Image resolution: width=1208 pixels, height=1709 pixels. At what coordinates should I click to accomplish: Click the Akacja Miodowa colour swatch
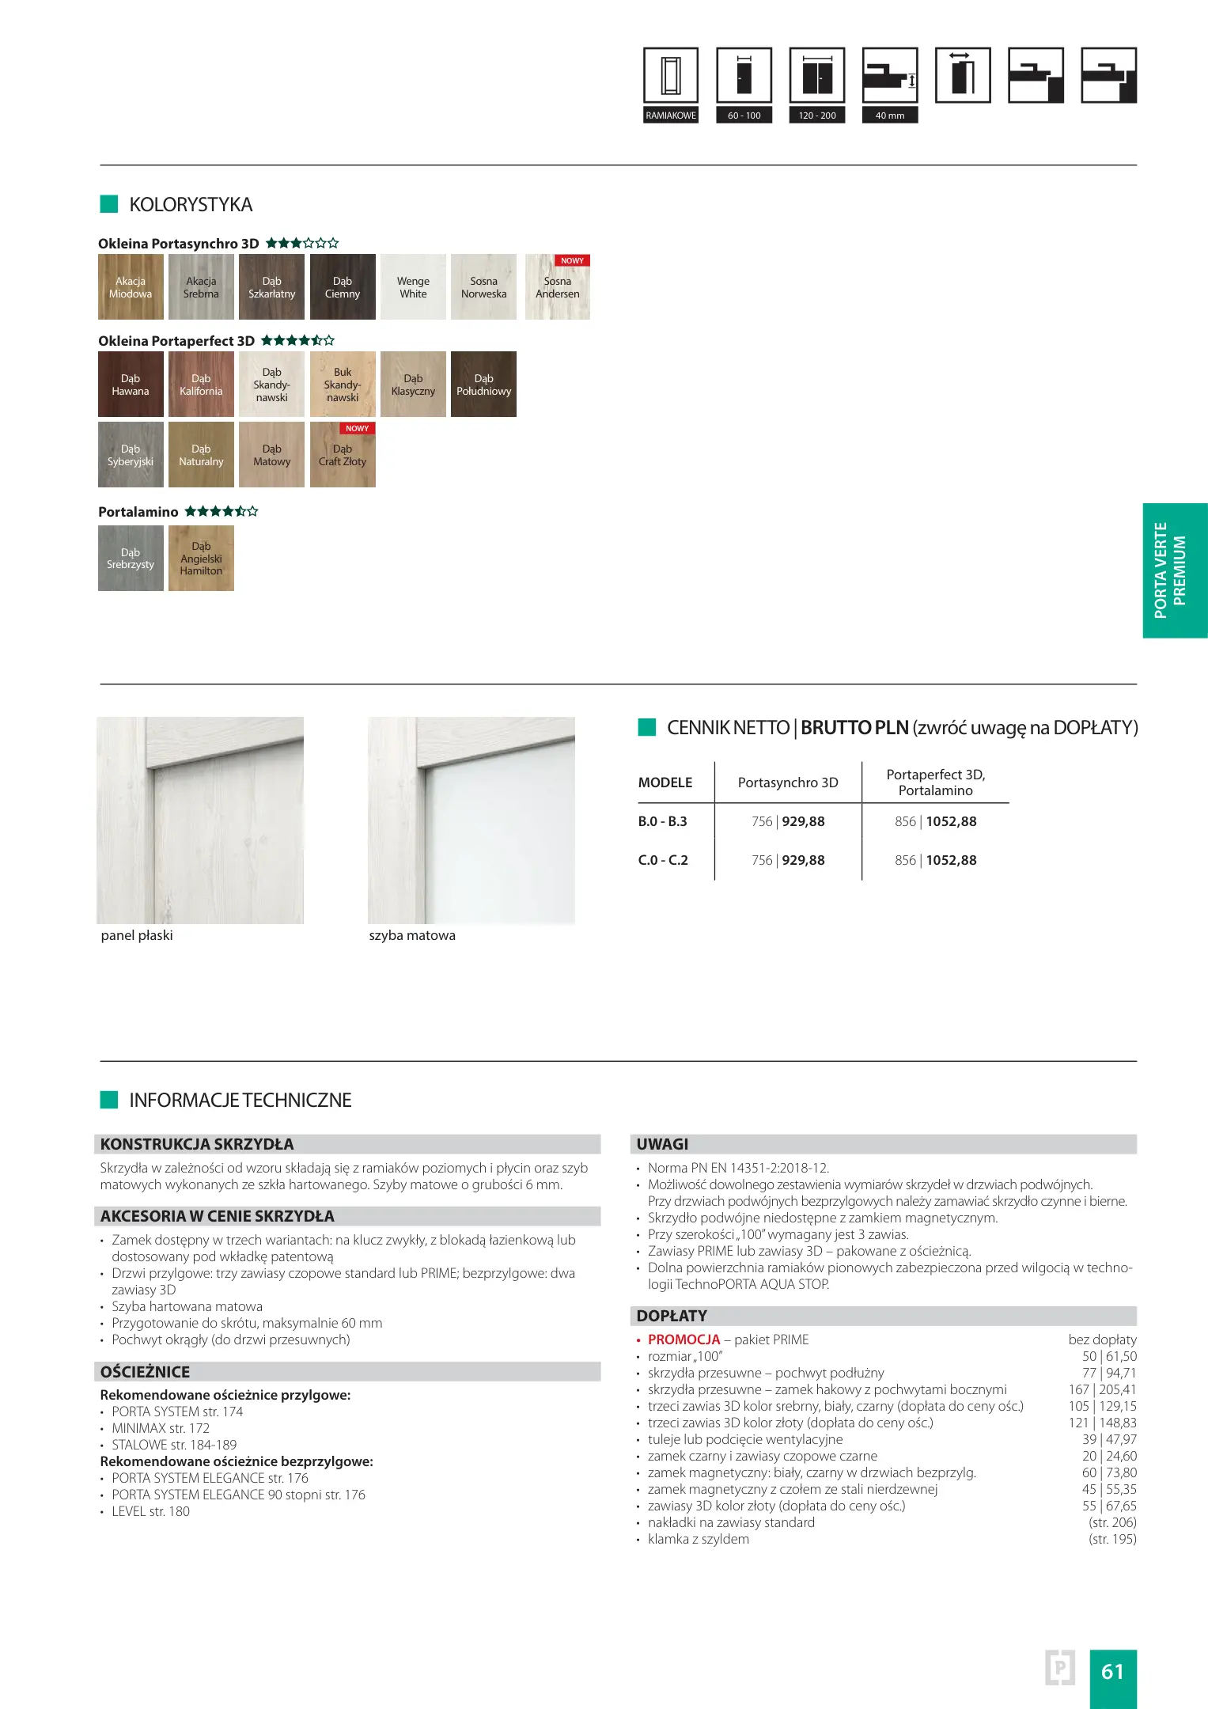(131, 287)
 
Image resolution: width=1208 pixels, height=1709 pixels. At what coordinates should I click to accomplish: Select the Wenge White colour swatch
(413, 287)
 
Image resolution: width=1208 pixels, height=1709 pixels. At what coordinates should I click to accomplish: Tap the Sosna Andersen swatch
(558, 287)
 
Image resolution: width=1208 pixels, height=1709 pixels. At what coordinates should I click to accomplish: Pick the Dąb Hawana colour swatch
(131, 385)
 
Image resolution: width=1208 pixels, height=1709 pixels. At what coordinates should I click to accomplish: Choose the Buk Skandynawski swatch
(343, 385)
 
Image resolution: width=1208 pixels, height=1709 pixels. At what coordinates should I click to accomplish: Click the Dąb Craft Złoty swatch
(343, 455)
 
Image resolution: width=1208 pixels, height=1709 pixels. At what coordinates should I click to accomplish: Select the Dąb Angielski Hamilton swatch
(201, 559)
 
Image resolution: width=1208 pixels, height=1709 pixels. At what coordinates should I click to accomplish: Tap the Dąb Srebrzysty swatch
(131, 559)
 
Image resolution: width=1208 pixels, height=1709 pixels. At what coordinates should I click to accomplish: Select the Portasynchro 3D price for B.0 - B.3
(788, 821)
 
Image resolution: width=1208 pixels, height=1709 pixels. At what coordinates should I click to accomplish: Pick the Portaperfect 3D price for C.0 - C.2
(936, 860)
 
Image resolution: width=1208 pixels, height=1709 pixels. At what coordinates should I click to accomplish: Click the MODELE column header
(665, 783)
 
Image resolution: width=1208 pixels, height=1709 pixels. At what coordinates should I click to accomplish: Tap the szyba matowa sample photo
(471, 820)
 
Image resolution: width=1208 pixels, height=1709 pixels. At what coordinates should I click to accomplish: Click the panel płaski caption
(137, 935)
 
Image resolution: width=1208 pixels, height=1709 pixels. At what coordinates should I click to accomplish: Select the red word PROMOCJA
(684, 1340)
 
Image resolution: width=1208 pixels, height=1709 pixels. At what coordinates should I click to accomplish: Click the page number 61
(1112, 1671)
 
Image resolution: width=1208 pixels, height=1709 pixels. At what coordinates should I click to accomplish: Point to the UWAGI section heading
(662, 1144)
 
